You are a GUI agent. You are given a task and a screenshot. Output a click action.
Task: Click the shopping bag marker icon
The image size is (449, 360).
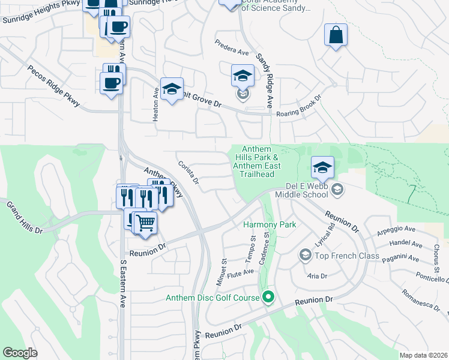coord(336,34)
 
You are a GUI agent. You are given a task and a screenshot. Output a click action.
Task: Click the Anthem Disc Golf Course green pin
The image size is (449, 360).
coord(268,296)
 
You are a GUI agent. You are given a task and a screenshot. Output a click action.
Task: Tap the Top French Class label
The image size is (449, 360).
coord(348,256)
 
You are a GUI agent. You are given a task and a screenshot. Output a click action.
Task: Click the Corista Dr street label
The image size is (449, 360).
coord(188,172)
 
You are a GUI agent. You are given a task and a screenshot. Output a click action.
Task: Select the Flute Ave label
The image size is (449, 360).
coord(241,272)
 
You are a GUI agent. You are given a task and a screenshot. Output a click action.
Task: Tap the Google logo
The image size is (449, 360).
coord(20,353)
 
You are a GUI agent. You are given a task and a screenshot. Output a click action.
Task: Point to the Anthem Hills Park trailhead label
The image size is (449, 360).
coord(257,161)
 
